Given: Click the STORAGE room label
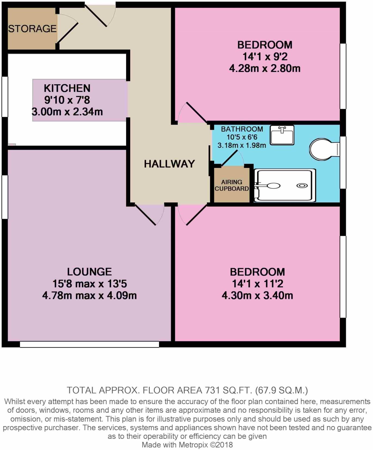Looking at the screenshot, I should tap(32, 29).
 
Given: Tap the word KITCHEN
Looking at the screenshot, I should tap(67, 88).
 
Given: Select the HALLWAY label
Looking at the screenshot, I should tap(169, 164).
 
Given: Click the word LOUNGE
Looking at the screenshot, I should tap(89, 272).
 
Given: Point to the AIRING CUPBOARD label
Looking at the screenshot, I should tap(232, 185).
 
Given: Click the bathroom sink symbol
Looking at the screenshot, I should tap(282, 135).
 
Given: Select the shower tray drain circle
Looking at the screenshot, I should tap(302, 186).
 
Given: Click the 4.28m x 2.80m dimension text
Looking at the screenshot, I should tap(265, 68).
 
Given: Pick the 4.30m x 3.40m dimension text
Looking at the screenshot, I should tap(257, 295).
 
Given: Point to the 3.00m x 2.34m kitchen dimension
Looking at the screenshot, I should tap(67, 112).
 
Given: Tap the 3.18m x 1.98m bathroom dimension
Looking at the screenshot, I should tap(241, 145).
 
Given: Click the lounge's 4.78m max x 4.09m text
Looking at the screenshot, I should tap(89, 295).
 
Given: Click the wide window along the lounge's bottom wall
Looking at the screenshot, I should tap(89, 344).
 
